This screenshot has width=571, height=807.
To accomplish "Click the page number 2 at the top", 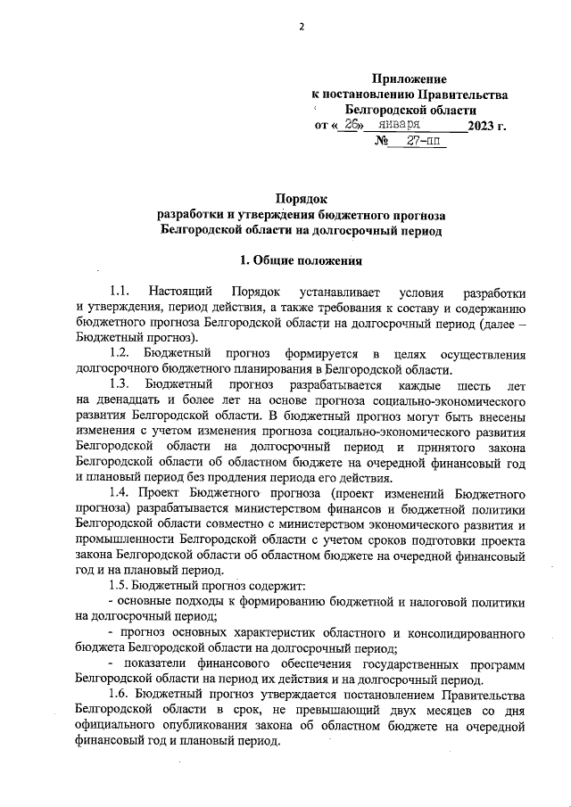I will click(302, 26).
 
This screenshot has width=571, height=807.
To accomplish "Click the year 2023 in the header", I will click(484, 126).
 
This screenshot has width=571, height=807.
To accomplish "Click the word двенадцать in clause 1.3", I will click(128, 401).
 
